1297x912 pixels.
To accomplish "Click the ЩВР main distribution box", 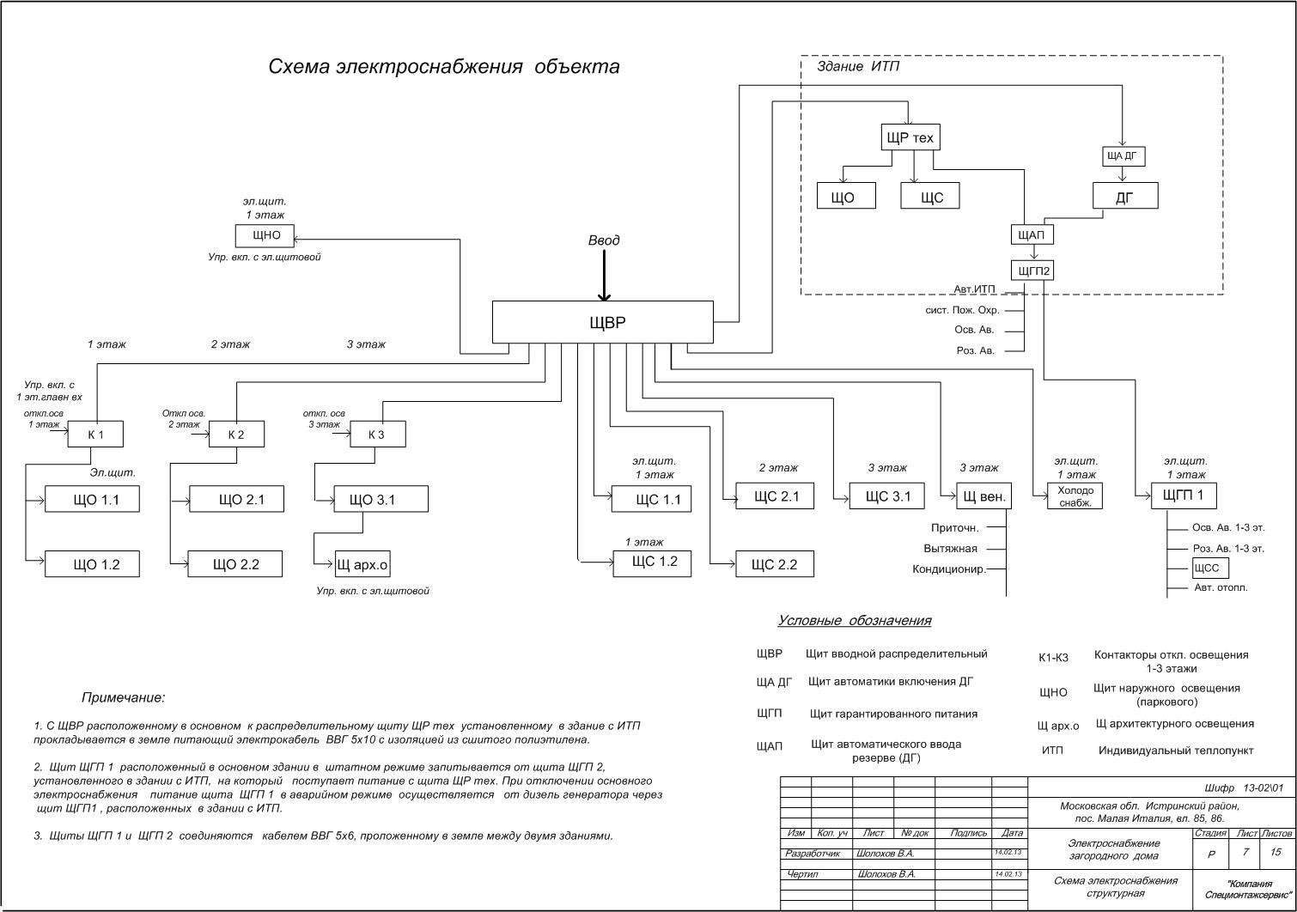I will [x=602, y=322].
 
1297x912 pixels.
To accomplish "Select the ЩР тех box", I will [x=910, y=137].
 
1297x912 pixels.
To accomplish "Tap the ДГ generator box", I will [x=1124, y=197].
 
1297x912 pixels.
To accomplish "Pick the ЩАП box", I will [x=1032, y=234].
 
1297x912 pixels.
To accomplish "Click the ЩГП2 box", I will [x=1033, y=271].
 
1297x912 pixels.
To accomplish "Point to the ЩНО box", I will [x=265, y=235].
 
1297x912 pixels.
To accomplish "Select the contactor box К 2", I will [x=236, y=435].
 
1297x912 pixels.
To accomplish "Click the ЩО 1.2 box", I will [x=92, y=564].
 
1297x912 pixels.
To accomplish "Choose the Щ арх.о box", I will [x=362, y=564].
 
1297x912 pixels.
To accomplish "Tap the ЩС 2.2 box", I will [x=774, y=564].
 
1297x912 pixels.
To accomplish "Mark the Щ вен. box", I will [x=984, y=496].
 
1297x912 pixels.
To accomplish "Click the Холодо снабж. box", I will [x=1075, y=496].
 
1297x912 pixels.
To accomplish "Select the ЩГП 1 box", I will [x=1183, y=496].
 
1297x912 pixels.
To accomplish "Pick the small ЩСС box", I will [x=1209, y=568].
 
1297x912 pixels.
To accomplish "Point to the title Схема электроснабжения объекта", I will [x=443, y=67].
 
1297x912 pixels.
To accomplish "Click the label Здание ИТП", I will [x=858, y=66].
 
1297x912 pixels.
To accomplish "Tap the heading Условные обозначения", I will [x=854, y=620].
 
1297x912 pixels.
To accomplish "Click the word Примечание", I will [x=123, y=697].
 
